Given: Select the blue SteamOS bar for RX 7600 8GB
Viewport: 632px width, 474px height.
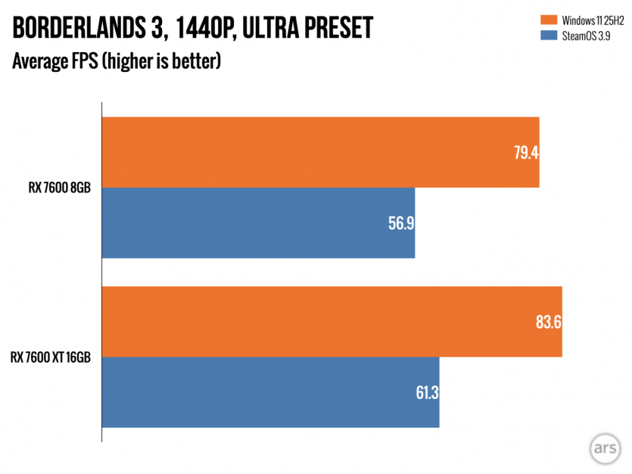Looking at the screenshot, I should pyautogui.click(x=257, y=223).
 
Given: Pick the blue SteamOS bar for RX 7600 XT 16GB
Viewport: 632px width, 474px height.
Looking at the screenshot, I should pyautogui.click(x=269, y=392).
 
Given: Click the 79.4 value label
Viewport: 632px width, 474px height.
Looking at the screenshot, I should pyautogui.click(x=525, y=152).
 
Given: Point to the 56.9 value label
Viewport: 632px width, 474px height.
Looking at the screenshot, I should pyautogui.click(x=400, y=223).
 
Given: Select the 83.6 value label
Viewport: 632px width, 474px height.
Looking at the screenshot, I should pyautogui.click(x=547, y=322).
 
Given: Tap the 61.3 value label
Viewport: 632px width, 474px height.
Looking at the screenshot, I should pyautogui.click(x=425, y=393).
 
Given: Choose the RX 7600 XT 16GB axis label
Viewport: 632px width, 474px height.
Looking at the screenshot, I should pyautogui.click(x=51, y=357).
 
